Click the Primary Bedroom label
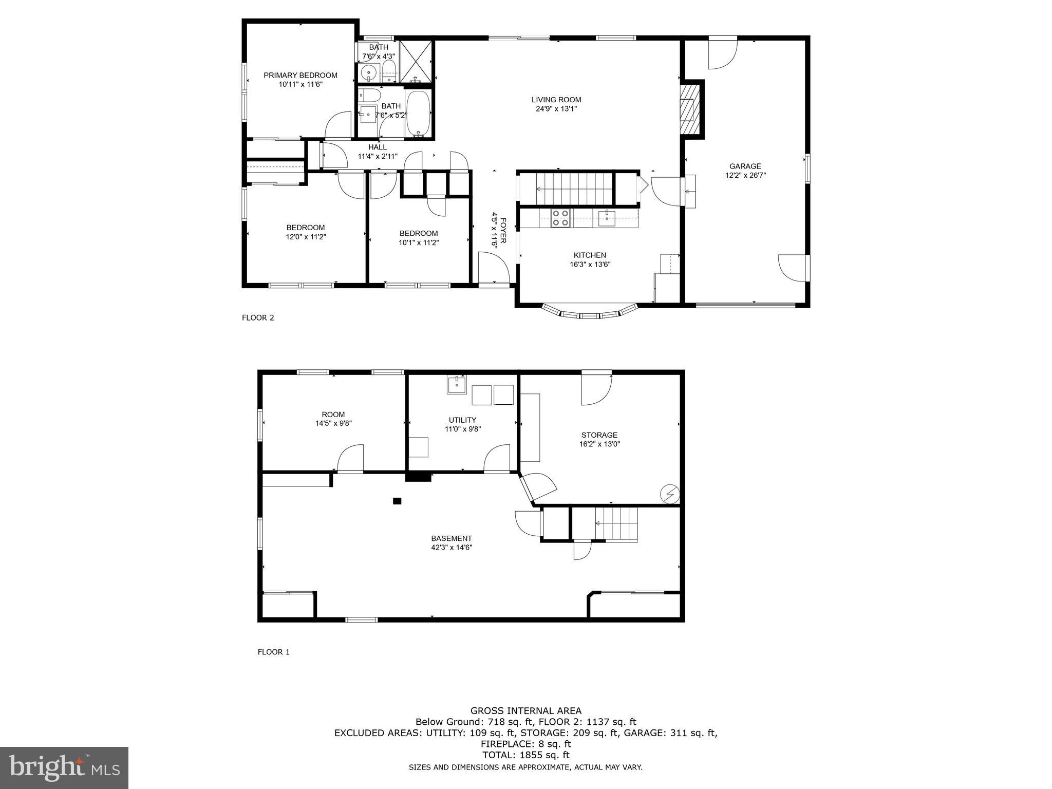click(x=300, y=75)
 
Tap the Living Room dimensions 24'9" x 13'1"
click(x=556, y=109)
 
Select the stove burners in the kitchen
click(x=560, y=218)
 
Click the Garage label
click(x=745, y=166)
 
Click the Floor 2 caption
click(x=258, y=317)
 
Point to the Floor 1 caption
click(x=273, y=652)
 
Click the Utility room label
click(x=462, y=420)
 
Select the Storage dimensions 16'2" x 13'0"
click(x=599, y=444)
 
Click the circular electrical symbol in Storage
click(x=669, y=494)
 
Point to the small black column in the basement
click(x=397, y=501)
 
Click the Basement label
click(x=451, y=538)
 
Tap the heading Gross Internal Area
click(x=526, y=711)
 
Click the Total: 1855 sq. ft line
click(x=526, y=755)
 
